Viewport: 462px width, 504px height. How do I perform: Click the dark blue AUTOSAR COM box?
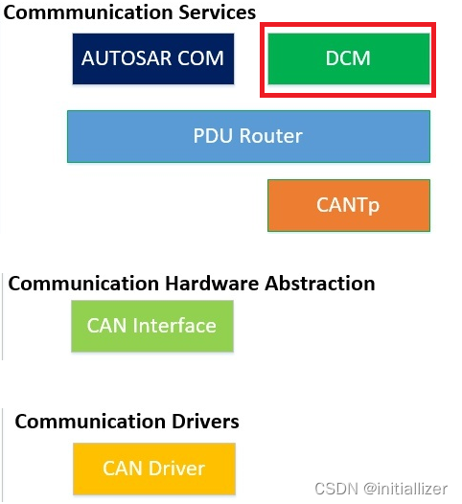[152, 58]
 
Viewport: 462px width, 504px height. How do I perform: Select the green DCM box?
[348, 58]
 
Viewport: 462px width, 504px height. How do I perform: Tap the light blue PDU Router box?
[248, 136]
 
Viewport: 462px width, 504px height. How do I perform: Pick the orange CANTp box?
[348, 205]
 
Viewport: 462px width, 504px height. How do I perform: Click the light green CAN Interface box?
[151, 326]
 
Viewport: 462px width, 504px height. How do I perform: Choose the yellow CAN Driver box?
[153, 469]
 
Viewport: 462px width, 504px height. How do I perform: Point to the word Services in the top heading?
[212, 12]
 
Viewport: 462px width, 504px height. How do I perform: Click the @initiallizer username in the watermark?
[405, 489]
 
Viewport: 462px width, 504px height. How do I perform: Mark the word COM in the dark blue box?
[203, 58]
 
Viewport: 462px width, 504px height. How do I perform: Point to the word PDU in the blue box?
[214, 136]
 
